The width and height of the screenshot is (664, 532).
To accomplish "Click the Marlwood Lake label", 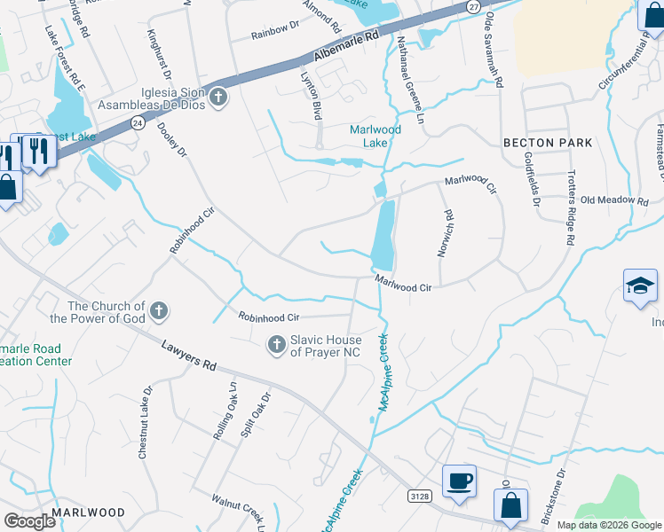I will coord(375,136).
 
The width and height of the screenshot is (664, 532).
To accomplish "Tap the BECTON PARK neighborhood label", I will coord(548,143).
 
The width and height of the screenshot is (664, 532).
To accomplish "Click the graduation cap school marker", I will coord(640,286).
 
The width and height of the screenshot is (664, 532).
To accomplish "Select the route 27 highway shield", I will coord(473,6).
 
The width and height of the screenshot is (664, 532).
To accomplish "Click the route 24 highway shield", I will coord(137,121).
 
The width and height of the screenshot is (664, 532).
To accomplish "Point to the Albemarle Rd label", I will coord(347,47).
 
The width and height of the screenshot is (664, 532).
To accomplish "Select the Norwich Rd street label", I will coord(445,234).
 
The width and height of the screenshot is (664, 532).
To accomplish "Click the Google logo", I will coord(30,521).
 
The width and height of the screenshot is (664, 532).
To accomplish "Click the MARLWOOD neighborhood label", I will coord(88,512).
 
